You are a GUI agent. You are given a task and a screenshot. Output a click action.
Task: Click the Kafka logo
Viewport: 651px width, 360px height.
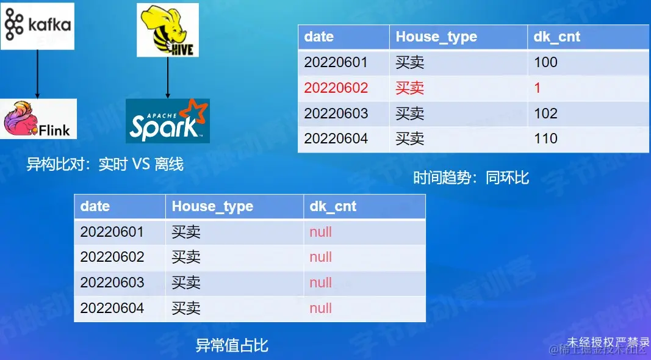38,26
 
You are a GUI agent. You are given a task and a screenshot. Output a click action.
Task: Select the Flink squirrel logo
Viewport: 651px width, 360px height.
39,119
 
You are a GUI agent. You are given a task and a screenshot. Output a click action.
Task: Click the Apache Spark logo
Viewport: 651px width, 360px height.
168,120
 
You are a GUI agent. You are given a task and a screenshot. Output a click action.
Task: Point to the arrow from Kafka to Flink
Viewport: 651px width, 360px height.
37,74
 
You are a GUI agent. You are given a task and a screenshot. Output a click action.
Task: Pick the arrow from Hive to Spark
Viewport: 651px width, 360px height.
167,77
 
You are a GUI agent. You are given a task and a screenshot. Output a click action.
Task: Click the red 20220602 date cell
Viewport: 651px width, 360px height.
336,88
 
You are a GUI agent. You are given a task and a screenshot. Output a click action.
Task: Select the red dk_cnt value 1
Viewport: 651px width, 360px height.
538,88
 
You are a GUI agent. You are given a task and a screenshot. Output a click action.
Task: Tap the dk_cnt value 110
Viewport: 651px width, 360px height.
545,139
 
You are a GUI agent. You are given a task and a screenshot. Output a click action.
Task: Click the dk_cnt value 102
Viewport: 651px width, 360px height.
545,113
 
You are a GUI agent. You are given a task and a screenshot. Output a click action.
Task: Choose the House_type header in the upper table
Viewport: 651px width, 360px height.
436,37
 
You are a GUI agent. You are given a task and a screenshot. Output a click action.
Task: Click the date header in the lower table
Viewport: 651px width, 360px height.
95,206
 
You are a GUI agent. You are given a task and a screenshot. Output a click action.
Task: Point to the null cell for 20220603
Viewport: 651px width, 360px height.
321,283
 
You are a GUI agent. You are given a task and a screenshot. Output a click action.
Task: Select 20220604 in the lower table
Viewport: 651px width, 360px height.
112,308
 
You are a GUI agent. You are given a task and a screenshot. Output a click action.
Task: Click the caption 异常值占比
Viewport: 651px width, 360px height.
232,346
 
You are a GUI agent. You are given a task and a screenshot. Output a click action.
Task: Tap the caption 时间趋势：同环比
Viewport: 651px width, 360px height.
471,178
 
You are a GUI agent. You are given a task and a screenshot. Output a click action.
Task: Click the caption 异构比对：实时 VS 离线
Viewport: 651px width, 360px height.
105,165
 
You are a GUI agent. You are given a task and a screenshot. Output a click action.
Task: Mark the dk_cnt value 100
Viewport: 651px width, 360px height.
545,62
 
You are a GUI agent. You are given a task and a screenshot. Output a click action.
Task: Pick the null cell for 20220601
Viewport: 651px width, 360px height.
321,232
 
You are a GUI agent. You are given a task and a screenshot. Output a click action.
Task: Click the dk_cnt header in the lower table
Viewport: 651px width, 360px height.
333,206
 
